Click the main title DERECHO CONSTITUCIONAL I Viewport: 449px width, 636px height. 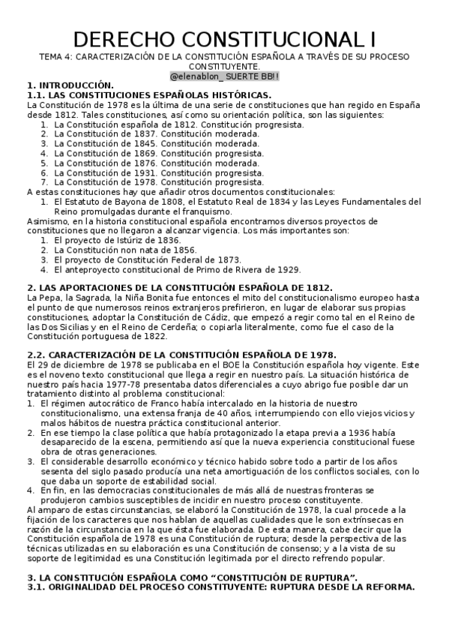pyautogui.click(x=224, y=38)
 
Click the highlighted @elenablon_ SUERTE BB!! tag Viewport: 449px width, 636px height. pyautogui.click(x=224, y=76)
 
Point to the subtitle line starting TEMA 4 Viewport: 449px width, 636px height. pyautogui.click(x=224, y=57)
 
